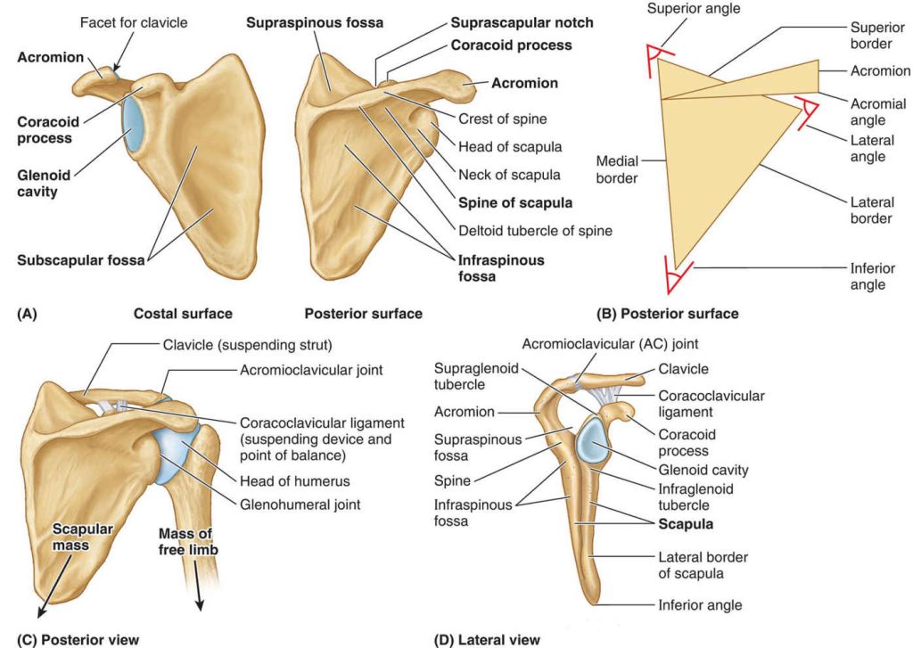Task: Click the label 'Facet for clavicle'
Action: (x=134, y=22)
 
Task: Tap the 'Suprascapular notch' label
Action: (x=522, y=22)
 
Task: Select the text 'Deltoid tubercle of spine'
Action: (x=535, y=231)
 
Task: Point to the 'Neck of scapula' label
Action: (x=509, y=175)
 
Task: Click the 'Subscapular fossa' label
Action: (x=80, y=259)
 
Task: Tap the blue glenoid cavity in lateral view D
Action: (x=593, y=440)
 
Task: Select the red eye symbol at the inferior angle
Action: (x=678, y=276)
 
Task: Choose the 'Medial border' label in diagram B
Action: (x=617, y=169)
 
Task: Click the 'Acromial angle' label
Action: (x=878, y=111)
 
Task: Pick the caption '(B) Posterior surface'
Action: (x=667, y=314)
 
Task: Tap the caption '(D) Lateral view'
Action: (x=487, y=640)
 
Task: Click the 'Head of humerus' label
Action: (x=294, y=481)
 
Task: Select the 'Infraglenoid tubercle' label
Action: (x=695, y=496)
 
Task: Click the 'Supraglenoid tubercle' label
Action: (x=476, y=376)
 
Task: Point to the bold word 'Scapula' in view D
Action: (x=686, y=524)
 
